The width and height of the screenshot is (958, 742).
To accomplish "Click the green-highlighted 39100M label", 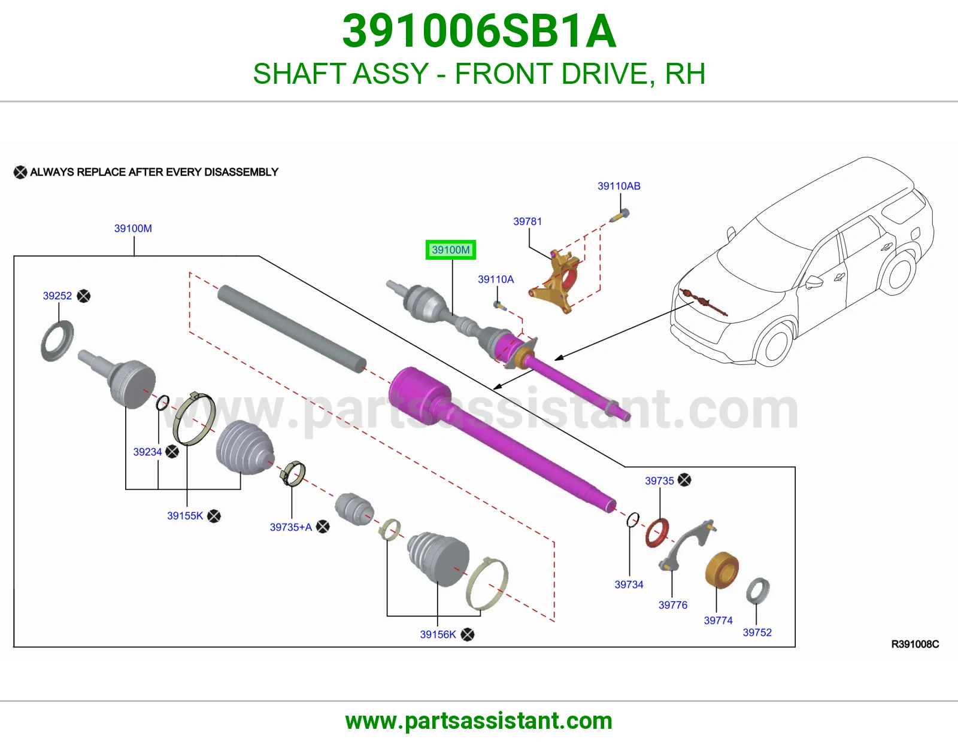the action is (450, 250).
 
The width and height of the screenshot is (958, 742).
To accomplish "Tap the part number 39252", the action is (57, 296).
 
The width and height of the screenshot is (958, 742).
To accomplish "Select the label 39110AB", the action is (619, 186).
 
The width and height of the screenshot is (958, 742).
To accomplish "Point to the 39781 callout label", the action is (527, 221).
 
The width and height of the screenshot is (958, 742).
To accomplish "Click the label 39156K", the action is (438, 634).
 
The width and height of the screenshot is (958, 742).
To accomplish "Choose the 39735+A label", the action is (291, 527).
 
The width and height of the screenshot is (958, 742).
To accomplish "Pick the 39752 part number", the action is (757, 632).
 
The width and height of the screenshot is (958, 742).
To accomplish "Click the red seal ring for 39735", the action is (657, 534).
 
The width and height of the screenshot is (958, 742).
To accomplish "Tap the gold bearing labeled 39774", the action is (721, 570).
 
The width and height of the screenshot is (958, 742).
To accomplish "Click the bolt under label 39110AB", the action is (620, 215).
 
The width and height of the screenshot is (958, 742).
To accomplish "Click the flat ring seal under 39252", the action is (57, 340).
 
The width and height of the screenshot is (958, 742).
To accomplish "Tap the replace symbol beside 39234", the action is (172, 452).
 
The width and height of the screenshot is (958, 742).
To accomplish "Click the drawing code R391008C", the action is (915, 644).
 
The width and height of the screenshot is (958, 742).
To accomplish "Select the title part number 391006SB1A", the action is (479, 31).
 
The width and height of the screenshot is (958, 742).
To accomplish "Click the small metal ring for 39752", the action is (758, 591).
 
